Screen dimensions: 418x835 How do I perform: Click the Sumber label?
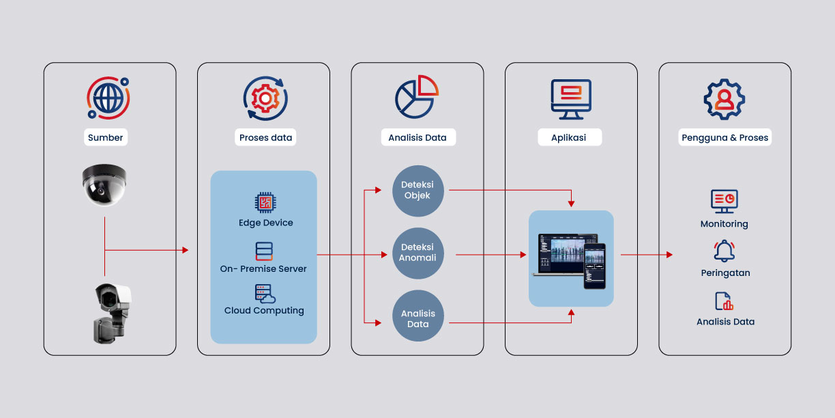tap(106, 137)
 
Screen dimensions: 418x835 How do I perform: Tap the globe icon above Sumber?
tap(108, 98)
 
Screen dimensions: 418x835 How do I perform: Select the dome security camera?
tap(104, 184)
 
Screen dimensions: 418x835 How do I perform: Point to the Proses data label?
tap(265, 137)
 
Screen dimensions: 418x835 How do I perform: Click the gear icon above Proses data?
tap(265, 98)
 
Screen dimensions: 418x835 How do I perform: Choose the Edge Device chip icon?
tap(265, 202)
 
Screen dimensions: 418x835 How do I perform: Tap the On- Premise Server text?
tap(263, 268)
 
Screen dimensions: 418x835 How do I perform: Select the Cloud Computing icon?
tap(265, 294)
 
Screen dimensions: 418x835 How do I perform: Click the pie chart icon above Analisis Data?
tap(416, 97)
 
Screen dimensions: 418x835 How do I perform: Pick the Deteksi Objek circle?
tap(417, 191)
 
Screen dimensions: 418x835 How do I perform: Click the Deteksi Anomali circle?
tap(417, 253)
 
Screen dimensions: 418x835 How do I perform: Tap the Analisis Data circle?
tap(417, 318)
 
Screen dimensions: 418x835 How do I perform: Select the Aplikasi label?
tap(570, 137)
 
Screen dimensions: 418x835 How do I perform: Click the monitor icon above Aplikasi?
tap(571, 98)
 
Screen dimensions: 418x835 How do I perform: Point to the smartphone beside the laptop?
tap(594, 266)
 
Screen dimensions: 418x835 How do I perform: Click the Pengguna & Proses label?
tap(724, 137)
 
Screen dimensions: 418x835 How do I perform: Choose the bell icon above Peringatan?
tap(724, 251)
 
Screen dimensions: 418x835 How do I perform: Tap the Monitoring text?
tap(724, 224)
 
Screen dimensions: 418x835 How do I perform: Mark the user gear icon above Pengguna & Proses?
tap(724, 99)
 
